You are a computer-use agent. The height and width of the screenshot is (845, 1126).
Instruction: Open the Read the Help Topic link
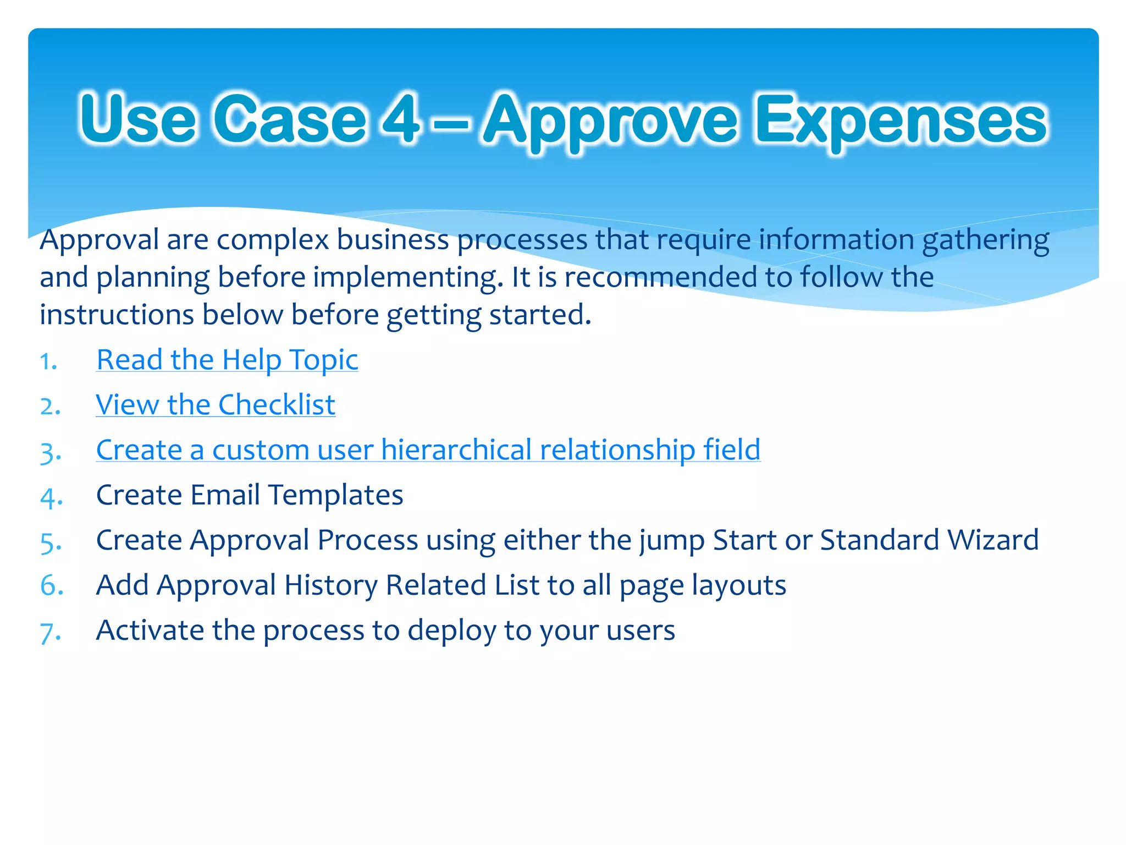point(227,360)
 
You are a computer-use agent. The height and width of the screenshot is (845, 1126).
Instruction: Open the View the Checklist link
point(216,405)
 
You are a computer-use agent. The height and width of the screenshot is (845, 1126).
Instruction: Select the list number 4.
point(51,497)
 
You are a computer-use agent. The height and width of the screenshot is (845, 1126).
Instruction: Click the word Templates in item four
point(335,495)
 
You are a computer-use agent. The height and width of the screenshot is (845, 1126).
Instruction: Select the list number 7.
point(50,633)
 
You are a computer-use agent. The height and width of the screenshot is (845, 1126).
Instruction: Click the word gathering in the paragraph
point(985,241)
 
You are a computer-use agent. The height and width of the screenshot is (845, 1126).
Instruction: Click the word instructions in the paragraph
point(117,315)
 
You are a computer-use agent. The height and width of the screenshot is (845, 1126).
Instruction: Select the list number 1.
point(49,362)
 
